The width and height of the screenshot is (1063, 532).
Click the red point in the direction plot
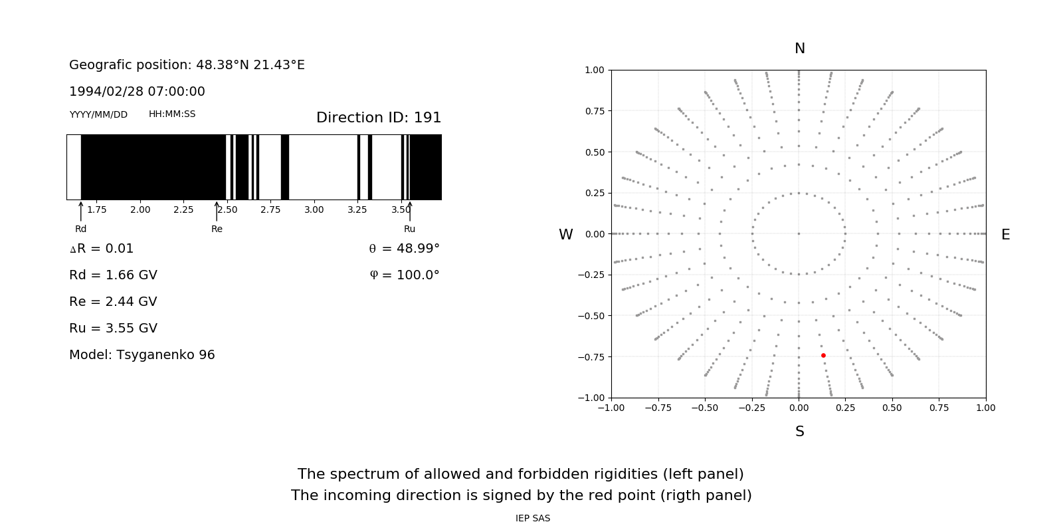pos(823,356)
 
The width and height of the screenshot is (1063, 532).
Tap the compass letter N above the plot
pos(800,49)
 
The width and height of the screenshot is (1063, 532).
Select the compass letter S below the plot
pos(800,432)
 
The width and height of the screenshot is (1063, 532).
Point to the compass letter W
pos(566,235)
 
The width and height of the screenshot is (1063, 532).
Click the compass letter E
pos(1005,235)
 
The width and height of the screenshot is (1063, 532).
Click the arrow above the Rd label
pos(81,211)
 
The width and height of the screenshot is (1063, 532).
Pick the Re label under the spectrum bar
pos(217,229)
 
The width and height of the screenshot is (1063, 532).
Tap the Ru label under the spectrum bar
pos(409,229)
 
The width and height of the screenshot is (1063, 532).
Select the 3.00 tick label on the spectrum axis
pos(314,210)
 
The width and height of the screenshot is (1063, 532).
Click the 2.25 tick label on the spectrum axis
pos(183,210)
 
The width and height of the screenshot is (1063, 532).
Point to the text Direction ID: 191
pos(379,118)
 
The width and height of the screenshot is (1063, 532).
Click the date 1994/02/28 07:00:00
pos(137,92)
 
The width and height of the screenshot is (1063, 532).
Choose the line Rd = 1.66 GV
pos(113,275)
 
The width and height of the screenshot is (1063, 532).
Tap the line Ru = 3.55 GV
pos(113,329)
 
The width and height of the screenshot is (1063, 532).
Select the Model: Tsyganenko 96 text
pos(142,355)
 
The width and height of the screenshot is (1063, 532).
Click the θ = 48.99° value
pos(404,249)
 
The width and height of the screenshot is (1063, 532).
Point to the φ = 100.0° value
pos(405,275)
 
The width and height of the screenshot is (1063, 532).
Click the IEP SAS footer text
pos(533,519)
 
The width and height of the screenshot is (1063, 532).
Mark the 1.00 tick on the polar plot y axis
pos(595,70)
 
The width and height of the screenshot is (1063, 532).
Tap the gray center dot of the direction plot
pos(799,234)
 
